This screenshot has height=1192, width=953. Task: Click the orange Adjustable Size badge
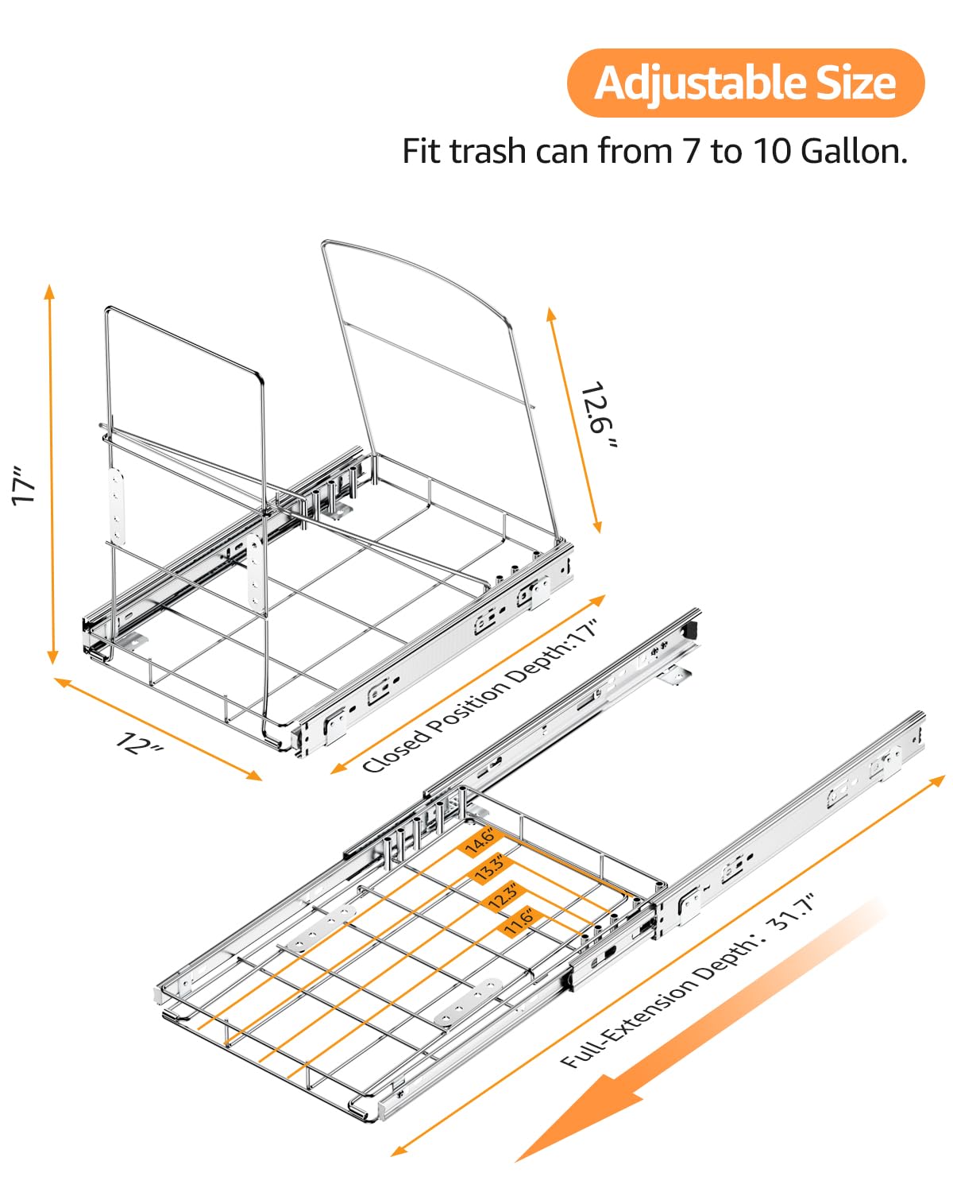745,83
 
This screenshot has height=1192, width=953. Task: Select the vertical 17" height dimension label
24,485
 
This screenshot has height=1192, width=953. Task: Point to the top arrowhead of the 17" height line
50,291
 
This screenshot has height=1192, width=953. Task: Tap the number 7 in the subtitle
691,151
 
